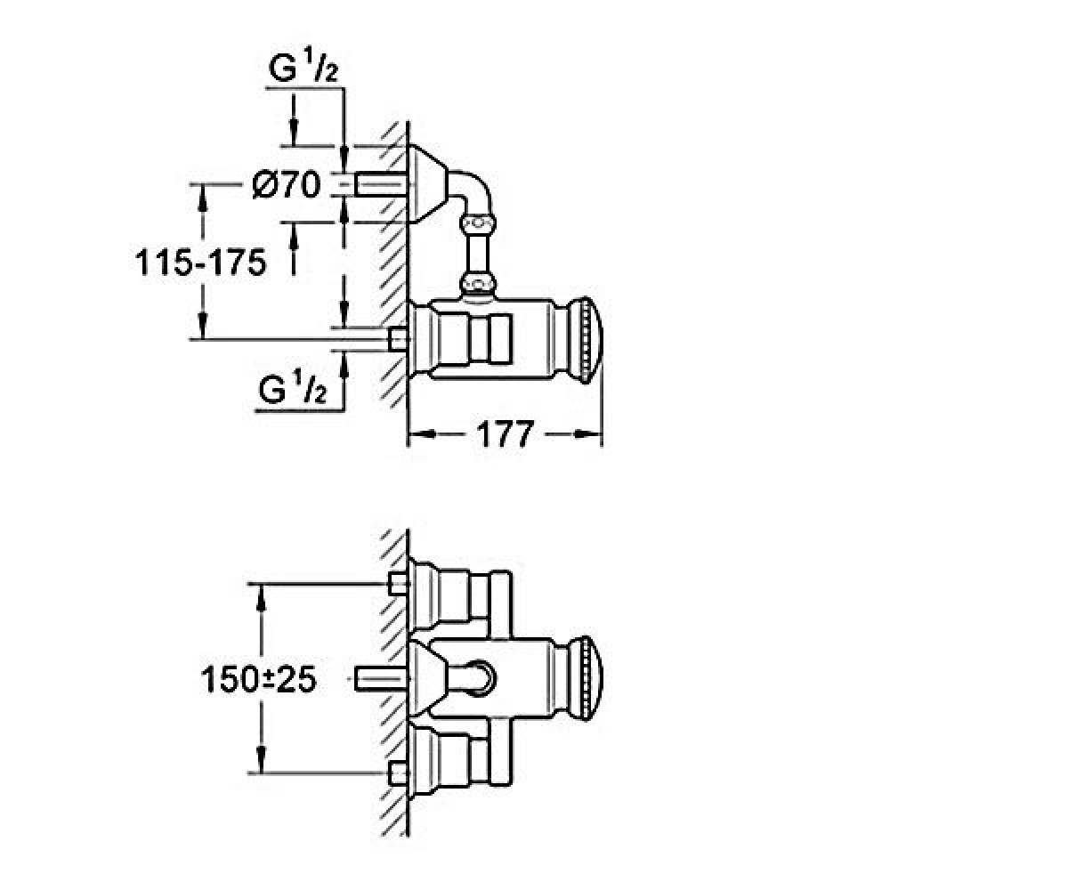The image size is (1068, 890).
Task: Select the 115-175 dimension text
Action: point(200,263)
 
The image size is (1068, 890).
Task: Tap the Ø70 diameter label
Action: point(287,184)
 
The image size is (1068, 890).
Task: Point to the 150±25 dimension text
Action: point(259,680)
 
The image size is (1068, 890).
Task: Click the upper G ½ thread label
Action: point(303,66)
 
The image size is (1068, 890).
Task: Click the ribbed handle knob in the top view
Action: point(587,340)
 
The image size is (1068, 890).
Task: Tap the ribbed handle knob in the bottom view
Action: point(587,678)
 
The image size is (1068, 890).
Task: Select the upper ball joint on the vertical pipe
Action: point(478,223)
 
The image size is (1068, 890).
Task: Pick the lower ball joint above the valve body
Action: point(478,285)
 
